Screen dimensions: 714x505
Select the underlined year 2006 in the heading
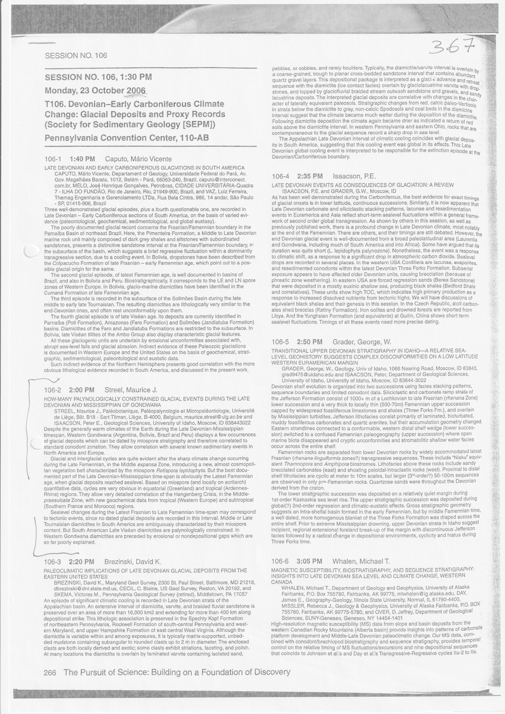click(136, 91)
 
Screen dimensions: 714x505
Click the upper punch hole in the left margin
click(31, 251)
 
